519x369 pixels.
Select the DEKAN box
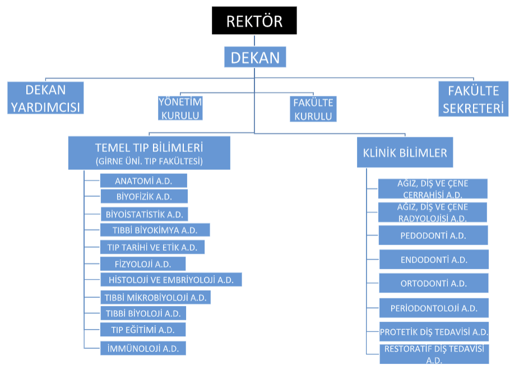pyautogui.click(x=255, y=57)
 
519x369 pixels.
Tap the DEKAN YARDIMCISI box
pyautogui.click(x=45, y=98)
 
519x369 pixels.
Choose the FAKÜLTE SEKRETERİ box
pyautogui.click(x=474, y=99)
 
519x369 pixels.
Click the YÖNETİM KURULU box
pyautogui.click(x=180, y=108)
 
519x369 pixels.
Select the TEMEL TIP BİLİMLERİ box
pyautogui.click(x=149, y=153)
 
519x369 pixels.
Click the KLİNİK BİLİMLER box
pyautogui.click(x=404, y=153)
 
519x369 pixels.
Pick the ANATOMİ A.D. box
pyautogui.click(x=143, y=181)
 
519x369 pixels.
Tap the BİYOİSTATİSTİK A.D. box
pyautogui.click(x=145, y=214)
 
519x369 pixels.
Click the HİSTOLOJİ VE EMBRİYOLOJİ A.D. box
pyautogui.click(x=170, y=279)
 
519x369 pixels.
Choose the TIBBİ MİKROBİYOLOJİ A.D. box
pyautogui.click(x=155, y=297)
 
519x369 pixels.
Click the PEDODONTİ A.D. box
pyautogui.click(x=433, y=236)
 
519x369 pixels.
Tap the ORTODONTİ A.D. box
pyautogui.click(x=433, y=283)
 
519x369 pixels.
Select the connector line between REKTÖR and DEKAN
pyautogui.click(x=254, y=40)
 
